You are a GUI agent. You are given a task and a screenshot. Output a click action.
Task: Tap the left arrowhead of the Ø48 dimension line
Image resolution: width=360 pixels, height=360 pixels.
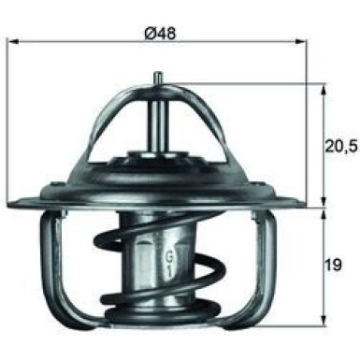11,42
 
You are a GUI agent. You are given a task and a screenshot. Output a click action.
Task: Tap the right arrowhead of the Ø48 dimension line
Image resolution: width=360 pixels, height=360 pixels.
303,42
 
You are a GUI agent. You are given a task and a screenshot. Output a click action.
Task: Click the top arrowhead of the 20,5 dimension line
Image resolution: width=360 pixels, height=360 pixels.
323,86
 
